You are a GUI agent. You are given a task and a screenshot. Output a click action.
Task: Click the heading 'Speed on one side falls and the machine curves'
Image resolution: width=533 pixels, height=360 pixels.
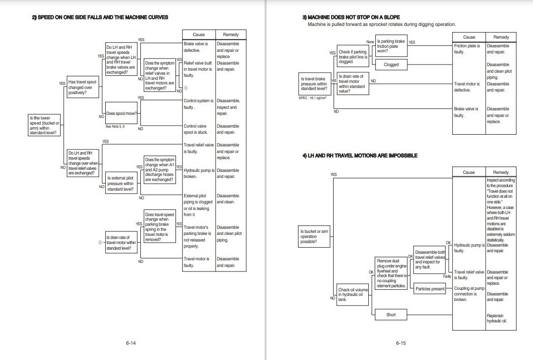pyautogui.click(x=100, y=17)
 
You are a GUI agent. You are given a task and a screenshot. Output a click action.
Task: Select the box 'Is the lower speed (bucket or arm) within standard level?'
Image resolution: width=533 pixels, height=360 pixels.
pyautogui.click(x=45, y=125)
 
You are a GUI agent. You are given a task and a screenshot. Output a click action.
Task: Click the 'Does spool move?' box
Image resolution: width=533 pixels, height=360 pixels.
pyautogui.click(x=121, y=113)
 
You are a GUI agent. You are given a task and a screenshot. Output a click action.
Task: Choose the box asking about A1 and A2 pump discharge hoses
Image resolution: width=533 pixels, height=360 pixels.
pyautogui.click(x=159, y=169)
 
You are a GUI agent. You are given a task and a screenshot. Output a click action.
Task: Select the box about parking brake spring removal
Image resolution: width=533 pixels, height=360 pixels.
pyautogui.click(x=159, y=227)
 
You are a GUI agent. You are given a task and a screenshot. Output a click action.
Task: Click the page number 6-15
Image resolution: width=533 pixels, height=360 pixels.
pyautogui.click(x=400, y=343)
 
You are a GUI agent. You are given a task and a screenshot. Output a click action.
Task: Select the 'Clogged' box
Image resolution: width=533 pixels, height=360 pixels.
pyautogui.click(x=391, y=65)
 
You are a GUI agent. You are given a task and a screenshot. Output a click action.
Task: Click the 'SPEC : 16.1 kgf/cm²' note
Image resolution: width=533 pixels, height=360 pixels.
pyautogui.click(x=314, y=98)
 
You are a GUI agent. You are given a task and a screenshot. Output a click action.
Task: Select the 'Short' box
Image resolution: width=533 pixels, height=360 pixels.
pyautogui.click(x=391, y=315)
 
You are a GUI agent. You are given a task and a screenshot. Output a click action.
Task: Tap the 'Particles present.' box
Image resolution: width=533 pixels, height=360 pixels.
pyautogui.click(x=430, y=289)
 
